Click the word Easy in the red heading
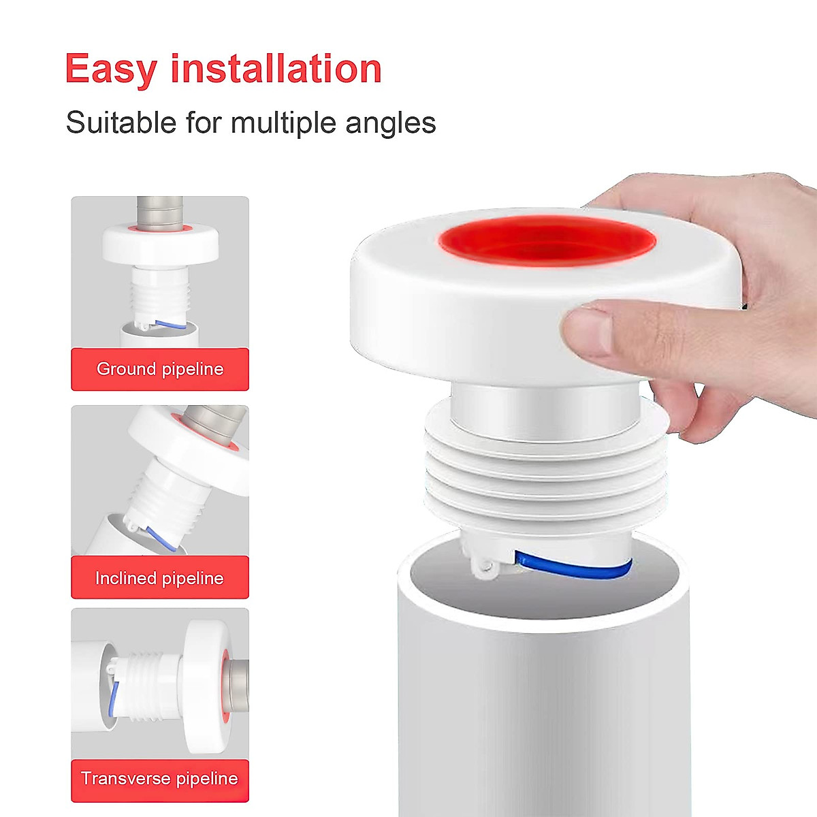(111, 69)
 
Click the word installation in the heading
(276, 69)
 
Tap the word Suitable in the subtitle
(121, 123)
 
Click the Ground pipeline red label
(160, 369)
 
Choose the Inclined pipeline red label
(160, 578)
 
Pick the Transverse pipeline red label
(160, 778)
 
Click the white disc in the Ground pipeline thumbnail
(161, 244)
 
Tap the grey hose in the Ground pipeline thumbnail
(161, 208)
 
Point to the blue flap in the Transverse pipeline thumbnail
(114, 698)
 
